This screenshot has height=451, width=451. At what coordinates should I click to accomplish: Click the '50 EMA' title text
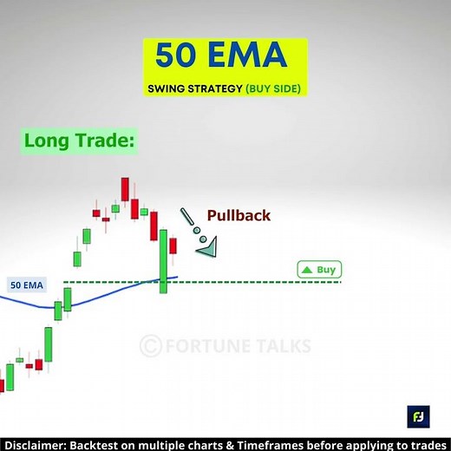(221, 56)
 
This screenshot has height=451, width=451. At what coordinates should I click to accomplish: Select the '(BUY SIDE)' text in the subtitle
(277, 88)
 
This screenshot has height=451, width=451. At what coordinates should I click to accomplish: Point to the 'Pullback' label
(238, 215)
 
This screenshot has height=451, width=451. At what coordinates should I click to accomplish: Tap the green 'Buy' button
(319, 270)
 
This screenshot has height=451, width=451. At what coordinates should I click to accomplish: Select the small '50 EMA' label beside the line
(27, 284)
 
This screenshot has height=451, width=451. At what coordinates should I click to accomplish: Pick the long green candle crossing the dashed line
(163, 260)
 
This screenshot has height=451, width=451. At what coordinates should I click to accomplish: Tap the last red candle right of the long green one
(173, 245)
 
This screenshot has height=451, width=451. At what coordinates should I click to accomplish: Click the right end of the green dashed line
(340, 282)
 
